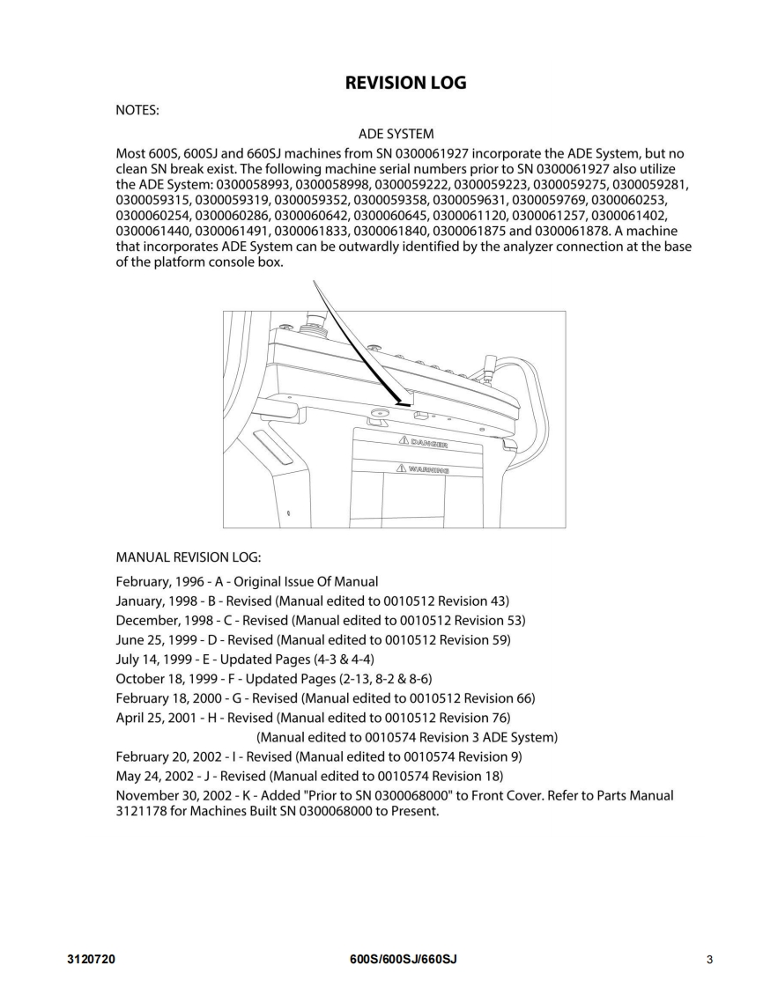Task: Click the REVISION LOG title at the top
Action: click(405, 84)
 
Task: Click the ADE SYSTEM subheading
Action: click(396, 134)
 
